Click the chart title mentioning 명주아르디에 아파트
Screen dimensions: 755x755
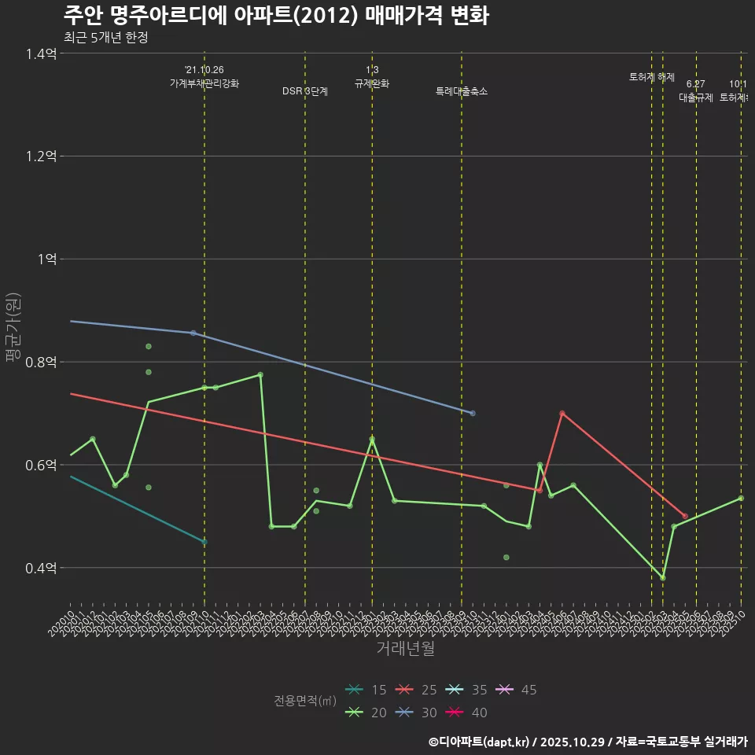[x=276, y=15]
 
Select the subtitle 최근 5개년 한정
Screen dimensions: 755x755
[x=105, y=37]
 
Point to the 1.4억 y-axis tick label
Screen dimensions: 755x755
[x=41, y=53]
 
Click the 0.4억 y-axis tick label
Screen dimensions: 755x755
[x=41, y=569]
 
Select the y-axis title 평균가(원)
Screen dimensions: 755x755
[x=13, y=327]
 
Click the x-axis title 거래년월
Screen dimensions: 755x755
[x=405, y=649]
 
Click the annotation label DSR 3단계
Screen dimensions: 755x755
[x=305, y=91]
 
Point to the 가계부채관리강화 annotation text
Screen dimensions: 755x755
[x=204, y=83]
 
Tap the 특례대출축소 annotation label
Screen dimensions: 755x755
[x=462, y=91]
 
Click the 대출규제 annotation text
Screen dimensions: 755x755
[x=696, y=98]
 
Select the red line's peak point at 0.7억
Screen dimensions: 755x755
[x=562, y=413]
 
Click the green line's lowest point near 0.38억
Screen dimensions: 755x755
[x=663, y=578]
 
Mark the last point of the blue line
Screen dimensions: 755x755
[x=473, y=413]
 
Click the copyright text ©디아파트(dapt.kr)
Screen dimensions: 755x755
[x=479, y=741]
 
